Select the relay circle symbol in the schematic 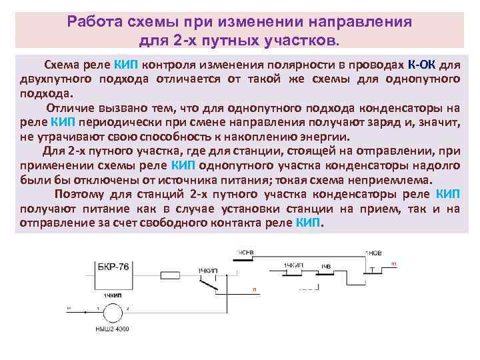coord(107,310)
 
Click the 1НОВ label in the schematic coord(373,253)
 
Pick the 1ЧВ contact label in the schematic coord(325,266)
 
